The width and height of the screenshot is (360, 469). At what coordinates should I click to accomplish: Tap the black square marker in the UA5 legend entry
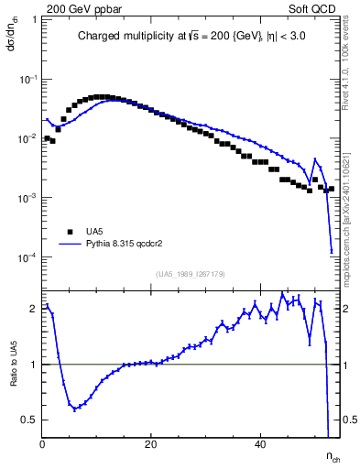68,232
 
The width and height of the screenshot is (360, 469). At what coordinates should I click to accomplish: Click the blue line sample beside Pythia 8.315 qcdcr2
68,245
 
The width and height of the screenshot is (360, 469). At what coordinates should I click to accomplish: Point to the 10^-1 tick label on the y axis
28,80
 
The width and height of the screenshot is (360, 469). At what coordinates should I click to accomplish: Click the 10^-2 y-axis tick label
28,139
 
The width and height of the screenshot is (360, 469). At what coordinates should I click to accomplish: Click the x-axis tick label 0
43,444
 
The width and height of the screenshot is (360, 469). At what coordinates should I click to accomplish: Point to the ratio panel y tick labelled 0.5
31,420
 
